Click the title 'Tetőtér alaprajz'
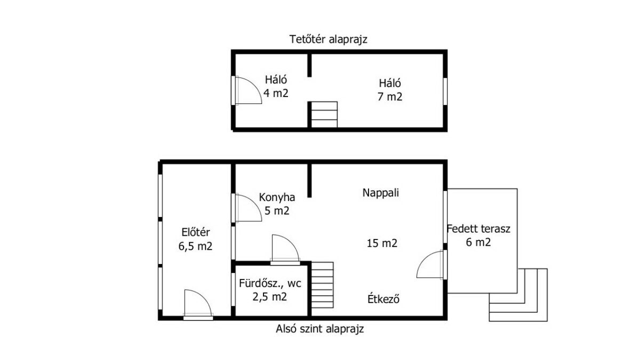(329, 39)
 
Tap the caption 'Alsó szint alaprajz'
(319, 329)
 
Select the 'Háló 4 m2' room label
(276, 86)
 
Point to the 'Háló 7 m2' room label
(390, 90)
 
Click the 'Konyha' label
(277, 197)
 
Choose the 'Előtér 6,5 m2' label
(195, 239)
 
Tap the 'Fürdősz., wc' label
(270, 283)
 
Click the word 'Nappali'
(381, 193)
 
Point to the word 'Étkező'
(383, 299)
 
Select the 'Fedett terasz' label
(478, 229)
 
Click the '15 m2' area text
(382, 243)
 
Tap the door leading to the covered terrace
(431, 265)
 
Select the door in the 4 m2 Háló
(246, 90)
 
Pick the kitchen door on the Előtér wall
(246, 207)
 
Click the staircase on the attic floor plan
(324, 114)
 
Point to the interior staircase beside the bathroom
(322, 285)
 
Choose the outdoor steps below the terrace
(518, 295)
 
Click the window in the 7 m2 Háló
(445, 91)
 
